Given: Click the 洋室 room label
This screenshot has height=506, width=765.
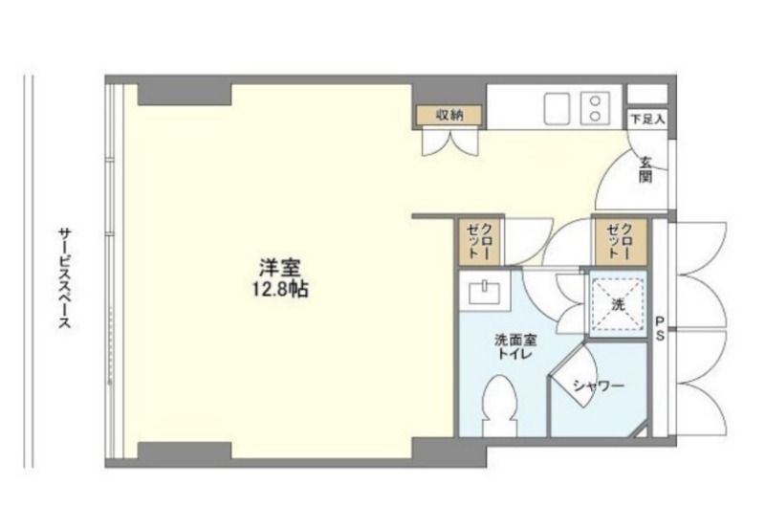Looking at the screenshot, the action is [280, 269].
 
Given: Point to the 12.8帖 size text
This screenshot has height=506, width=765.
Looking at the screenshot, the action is [280, 290].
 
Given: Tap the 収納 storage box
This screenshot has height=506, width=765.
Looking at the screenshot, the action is [448, 115].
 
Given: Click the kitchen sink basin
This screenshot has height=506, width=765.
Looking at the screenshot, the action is [557, 108].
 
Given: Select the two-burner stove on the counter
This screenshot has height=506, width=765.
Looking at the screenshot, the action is [595, 108].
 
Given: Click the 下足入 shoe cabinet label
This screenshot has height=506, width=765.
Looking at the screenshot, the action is [648, 119].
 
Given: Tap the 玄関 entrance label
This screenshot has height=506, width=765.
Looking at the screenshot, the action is [646, 169].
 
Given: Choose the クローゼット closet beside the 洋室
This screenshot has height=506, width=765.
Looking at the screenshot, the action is [480, 241].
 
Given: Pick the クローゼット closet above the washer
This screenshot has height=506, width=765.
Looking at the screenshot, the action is [621, 241].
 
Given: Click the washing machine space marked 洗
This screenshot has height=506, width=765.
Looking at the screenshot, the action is [618, 304].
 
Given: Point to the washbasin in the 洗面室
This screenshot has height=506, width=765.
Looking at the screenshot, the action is [485, 292].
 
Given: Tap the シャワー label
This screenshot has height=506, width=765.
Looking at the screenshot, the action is [599, 386].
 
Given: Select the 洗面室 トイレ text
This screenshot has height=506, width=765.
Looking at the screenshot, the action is [515, 346].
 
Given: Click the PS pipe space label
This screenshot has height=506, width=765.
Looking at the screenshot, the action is [660, 328].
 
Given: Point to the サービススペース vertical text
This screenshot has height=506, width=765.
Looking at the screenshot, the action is [65, 277].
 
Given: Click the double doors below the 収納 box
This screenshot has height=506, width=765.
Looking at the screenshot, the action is [450, 143].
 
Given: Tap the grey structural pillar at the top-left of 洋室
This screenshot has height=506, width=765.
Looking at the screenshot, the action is [184, 95].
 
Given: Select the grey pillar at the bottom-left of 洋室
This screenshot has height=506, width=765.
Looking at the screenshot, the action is [184, 451].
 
